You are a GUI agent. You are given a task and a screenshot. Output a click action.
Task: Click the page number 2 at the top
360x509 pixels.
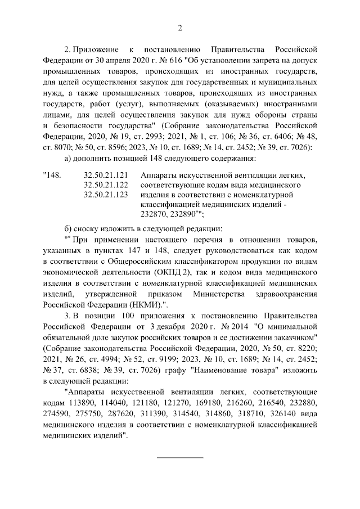pos(180,29)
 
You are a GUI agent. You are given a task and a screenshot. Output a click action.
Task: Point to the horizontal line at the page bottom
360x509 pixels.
pos(179,457)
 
